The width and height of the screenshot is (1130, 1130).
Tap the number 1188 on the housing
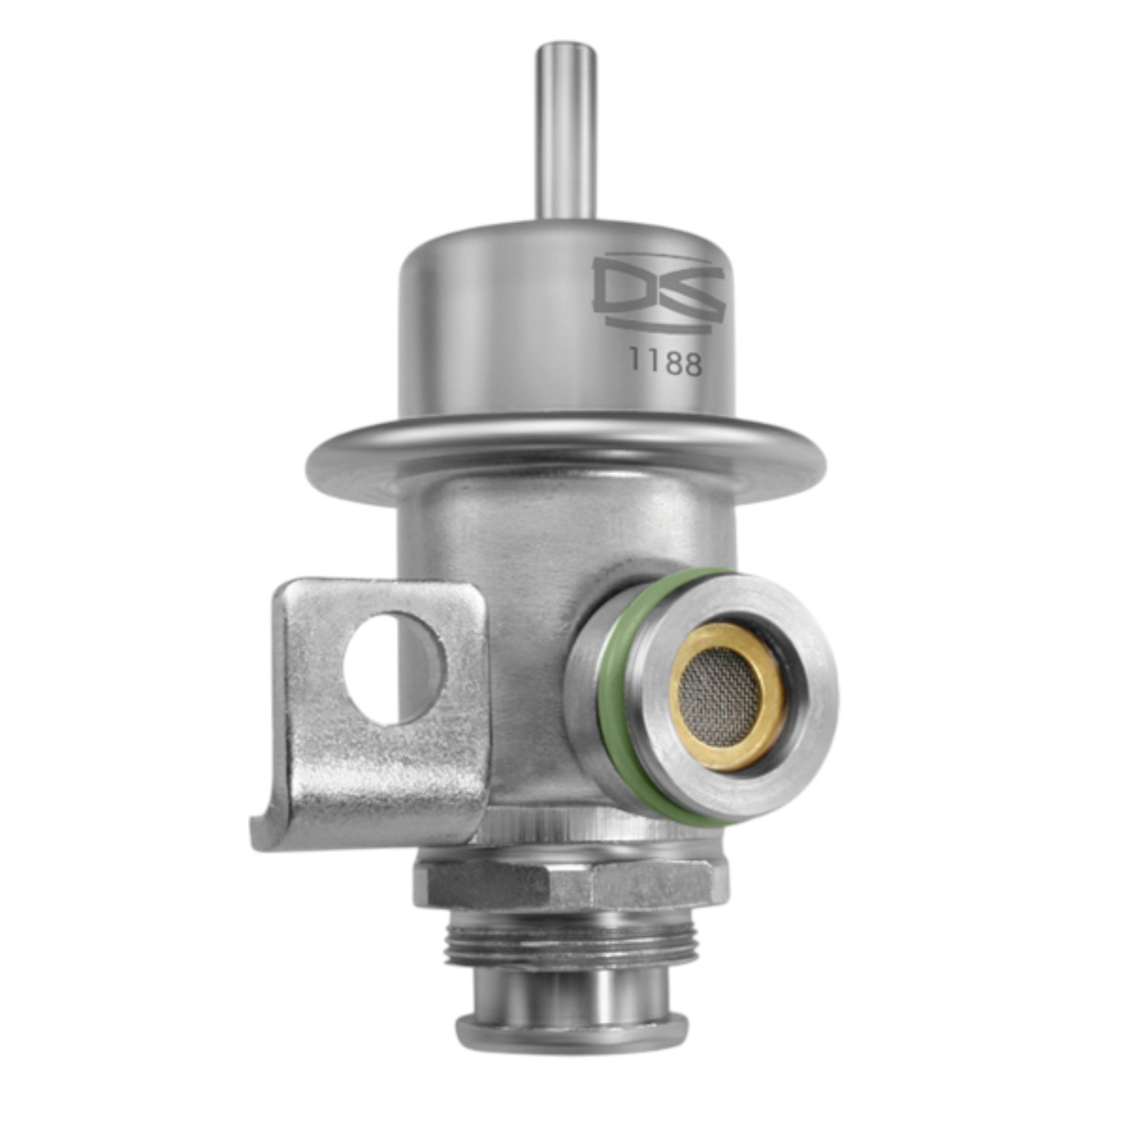coord(665,364)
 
